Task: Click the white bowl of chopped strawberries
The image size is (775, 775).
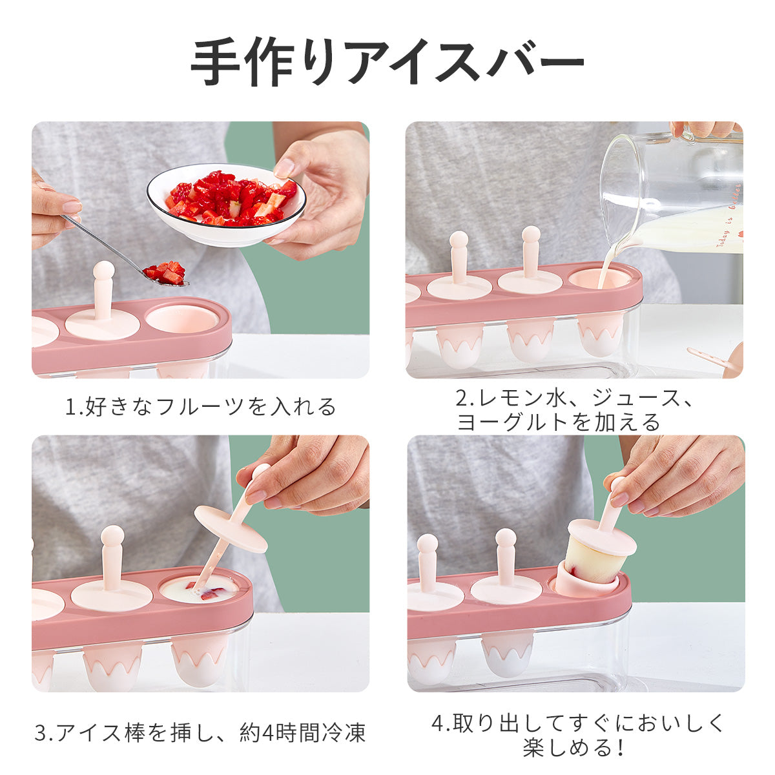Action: pyautogui.click(x=226, y=205)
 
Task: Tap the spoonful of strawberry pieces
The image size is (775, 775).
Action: pyautogui.click(x=165, y=273)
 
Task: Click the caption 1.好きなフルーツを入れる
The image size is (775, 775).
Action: pyautogui.click(x=200, y=406)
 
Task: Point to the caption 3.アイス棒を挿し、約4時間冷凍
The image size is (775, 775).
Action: pyautogui.click(x=200, y=732)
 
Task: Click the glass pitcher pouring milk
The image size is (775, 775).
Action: pyautogui.click(x=670, y=189)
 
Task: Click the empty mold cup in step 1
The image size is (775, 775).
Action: pyautogui.click(x=182, y=319)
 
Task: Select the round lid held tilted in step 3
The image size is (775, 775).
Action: pyautogui.click(x=231, y=528)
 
